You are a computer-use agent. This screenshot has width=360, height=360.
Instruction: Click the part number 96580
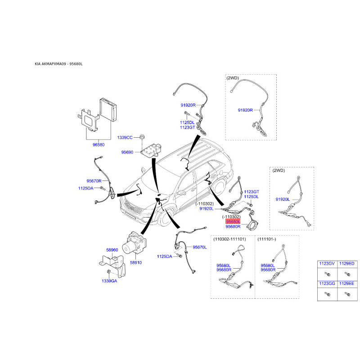[x=99, y=144]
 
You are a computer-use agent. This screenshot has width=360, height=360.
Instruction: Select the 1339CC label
[x=125, y=138]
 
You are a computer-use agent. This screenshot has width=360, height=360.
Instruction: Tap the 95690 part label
[x=127, y=152]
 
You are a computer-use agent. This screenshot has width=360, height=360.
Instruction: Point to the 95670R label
[x=94, y=181]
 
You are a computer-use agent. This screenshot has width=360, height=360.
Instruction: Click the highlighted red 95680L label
[x=233, y=221]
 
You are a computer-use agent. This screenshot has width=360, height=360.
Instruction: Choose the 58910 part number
[x=136, y=262]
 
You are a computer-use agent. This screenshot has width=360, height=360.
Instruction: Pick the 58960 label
[x=112, y=250]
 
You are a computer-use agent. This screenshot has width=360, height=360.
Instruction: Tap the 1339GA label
[x=109, y=281]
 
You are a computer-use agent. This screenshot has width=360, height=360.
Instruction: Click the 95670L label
[x=199, y=247]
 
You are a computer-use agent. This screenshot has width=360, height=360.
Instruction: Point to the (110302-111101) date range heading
[x=229, y=239]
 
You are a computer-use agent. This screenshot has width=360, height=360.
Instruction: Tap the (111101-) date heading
[x=266, y=239]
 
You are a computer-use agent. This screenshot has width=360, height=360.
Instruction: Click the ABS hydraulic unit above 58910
[x=135, y=243]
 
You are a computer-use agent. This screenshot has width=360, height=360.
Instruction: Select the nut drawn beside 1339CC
[x=142, y=137]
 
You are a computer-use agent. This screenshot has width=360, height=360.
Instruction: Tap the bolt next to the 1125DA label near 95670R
[x=103, y=188]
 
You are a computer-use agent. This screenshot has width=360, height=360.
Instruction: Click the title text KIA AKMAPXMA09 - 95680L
[x=58, y=64]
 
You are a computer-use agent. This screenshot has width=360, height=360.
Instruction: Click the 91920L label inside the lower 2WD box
[x=283, y=199]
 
